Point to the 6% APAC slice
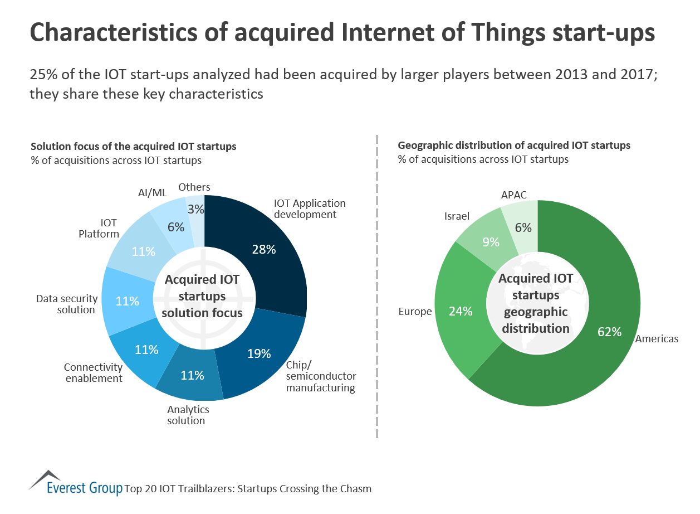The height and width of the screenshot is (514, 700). click(522, 226)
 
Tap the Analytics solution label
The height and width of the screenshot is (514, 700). click(188, 415)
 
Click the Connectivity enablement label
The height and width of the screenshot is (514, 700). click(93, 373)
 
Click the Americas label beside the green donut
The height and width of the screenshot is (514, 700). click(657, 339)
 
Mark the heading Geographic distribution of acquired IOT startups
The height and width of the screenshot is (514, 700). click(514, 146)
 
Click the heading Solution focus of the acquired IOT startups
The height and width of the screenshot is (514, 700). click(134, 147)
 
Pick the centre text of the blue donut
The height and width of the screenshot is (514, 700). click(202, 296)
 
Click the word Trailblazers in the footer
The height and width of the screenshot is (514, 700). click(203, 489)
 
